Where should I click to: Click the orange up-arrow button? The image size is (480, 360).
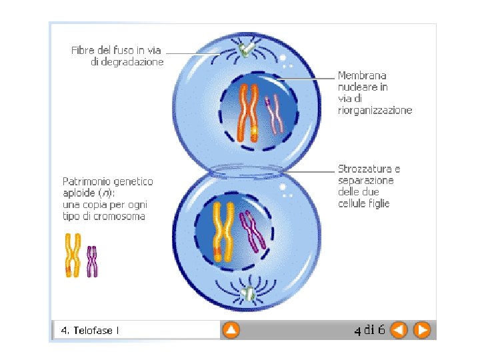pyautogui.click(x=231, y=329)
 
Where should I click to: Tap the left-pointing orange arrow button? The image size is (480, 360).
pyautogui.click(x=399, y=329)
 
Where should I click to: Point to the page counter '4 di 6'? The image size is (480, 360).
pyautogui.click(x=369, y=329)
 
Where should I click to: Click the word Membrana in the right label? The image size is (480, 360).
pyautogui.click(x=362, y=76)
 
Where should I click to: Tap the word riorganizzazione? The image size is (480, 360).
pyautogui.click(x=375, y=110)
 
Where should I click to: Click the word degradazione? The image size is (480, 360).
pyautogui.click(x=127, y=61)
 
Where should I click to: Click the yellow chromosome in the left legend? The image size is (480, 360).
pyautogui.click(x=73, y=255)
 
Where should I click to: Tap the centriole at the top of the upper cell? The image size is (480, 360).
pyautogui.click(x=246, y=49)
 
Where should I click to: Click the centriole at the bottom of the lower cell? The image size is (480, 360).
pyautogui.click(x=249, y=293)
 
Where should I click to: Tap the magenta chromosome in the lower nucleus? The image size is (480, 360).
pyautogui.click(x=252, y=231)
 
